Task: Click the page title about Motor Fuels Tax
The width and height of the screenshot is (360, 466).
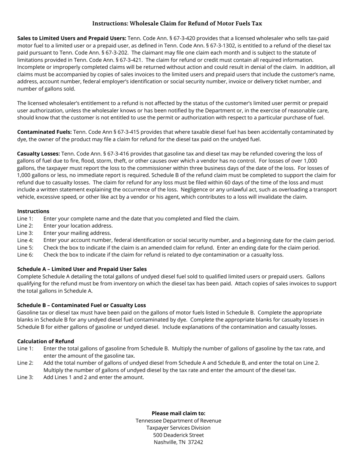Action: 177,23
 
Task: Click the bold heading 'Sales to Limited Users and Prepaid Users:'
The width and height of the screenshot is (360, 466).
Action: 72,38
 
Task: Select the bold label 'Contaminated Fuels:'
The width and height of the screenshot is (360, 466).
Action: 44,132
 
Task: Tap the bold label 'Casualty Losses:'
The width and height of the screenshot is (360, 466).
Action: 38,153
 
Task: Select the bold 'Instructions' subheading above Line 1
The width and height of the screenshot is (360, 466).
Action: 33,211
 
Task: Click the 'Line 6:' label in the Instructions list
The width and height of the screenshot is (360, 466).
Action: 25,255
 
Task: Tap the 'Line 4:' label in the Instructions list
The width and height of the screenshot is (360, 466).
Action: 25,240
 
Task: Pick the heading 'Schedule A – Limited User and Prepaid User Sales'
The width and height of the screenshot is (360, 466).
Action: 82,269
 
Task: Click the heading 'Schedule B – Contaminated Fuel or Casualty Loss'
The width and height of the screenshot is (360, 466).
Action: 81,305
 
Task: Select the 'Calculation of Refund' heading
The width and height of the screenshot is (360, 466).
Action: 45,341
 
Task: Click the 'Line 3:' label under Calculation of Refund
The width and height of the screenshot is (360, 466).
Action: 25,377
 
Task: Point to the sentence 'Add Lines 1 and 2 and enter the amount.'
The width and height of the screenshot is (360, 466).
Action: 94,377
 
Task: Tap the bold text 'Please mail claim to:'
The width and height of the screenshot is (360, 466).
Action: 178,413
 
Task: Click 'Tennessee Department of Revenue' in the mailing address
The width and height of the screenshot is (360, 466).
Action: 178,421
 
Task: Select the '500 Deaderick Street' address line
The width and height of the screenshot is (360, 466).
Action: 178,435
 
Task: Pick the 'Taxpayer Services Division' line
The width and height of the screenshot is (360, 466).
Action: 178,428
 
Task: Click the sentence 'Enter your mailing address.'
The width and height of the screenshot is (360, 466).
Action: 77,233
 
